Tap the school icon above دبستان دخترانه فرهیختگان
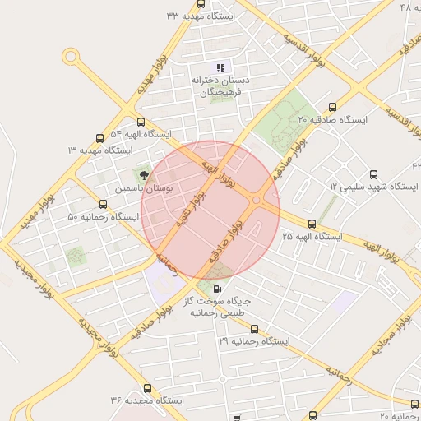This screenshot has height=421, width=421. click(x=220, y=67)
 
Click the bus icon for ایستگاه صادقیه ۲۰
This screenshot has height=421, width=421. click(x=332, y=107)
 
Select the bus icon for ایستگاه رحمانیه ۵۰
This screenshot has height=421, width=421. click(x=103, y=204)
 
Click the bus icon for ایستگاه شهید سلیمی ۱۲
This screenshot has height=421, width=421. click(x=374, y=174)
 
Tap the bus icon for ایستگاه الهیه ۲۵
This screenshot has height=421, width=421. click(x=311, y=224)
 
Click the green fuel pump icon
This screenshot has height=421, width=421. click(x=216, y=288)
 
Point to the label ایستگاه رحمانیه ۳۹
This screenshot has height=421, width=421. click(x=256, y=340)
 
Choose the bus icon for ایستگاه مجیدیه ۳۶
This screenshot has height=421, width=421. click(x=147, y=388)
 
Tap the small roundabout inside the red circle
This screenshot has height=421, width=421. click(x=257, y=200)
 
